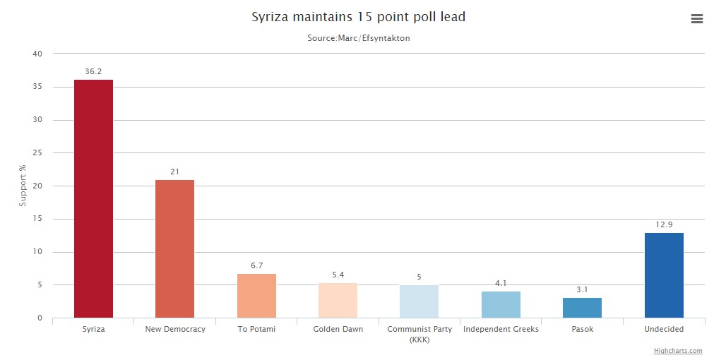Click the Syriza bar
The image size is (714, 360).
(x=93, y=198)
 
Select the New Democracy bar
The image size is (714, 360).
(x=174, y=248)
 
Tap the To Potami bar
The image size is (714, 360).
(x=256, y=296)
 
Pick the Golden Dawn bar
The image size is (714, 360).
(x=338, y=300)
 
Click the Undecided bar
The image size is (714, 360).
(x=664, y=275)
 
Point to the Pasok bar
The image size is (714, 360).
(x=582, y=308)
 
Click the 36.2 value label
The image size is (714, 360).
(x=93, y=72)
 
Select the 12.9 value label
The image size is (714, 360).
(x=664, y=224)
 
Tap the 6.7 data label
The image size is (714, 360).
(x=256, y=265)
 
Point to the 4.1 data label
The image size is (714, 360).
(x=501, y=283)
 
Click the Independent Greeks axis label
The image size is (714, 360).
(x=501, y=329)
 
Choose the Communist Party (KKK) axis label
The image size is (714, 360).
(x=419, y=334)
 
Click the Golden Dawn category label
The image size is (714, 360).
(x=338, y=329)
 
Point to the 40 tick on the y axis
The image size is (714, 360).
(x=37, y=54)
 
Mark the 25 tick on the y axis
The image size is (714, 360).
(x=37, y=153)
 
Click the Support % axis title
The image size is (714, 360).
(x=23, y=186)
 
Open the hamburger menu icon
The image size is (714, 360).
(x=696, y=19)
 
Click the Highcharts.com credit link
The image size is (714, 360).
(x=678, y=351)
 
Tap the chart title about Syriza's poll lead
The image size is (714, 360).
(x=358, y=17)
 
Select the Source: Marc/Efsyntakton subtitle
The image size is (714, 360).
(x=358, y=38)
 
